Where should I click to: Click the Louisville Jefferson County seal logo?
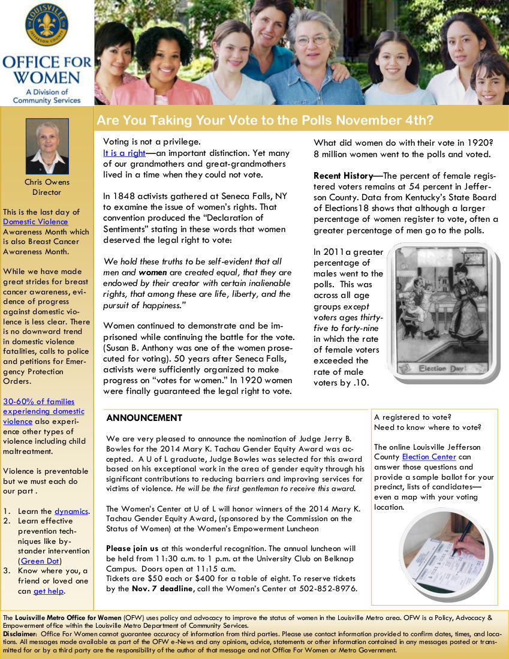(x=46, y=25)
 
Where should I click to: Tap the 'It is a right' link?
(x=124, y=153)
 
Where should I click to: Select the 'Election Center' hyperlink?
(x=429, y=457)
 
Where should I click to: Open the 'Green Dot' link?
(x=40, y=561)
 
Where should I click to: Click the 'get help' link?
(x=49, y=591)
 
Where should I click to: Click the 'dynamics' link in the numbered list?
(x=71, y=511)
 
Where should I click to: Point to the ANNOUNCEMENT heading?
(x=144, y=418)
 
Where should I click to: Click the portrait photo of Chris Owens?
(x=47, y=146)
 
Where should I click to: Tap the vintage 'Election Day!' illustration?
(x=441, y=311)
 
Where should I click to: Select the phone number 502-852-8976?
(x=332, y=588)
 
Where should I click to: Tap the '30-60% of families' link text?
(x=39, y=402)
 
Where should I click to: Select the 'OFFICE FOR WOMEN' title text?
(x=47, y=70)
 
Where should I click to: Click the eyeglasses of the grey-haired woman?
(x=311, y=40)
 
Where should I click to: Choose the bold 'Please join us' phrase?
(x=132, y=548)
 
